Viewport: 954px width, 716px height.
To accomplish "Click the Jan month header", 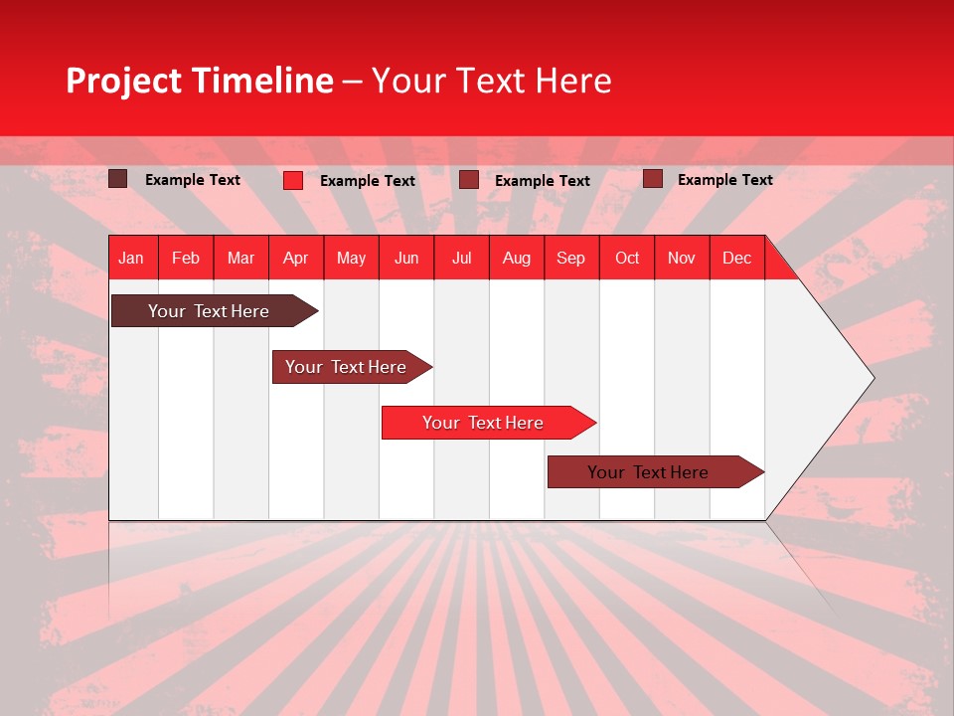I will [131, 258].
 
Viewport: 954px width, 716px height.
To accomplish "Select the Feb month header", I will [186, 258].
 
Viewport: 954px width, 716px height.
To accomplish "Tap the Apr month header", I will [295, 258].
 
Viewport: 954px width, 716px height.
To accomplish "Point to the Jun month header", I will [406, 258].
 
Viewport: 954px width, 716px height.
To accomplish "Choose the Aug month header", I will [516, 258].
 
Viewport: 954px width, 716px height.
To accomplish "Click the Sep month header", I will [570, 258].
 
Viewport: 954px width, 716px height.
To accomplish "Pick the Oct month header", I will [627, 258].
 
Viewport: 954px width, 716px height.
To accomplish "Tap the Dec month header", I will [736, 258].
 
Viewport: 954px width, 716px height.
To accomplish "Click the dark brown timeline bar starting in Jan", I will [209, 311].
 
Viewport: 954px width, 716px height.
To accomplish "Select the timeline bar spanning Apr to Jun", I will [346, 367].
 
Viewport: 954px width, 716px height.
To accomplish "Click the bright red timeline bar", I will [483, 423].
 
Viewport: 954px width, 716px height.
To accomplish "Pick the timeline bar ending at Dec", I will [648, 472].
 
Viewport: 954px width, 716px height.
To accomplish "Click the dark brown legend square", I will [117, 179].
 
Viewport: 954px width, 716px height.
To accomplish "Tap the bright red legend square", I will [292, 180].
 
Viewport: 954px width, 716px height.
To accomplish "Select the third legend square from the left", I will [469, 180].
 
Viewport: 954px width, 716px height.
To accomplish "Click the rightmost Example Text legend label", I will [724, 180].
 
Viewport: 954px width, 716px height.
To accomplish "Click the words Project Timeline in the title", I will [199, 81].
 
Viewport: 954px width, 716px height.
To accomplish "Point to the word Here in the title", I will [573, 81].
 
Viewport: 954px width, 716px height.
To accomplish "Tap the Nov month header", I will [681, 258].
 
